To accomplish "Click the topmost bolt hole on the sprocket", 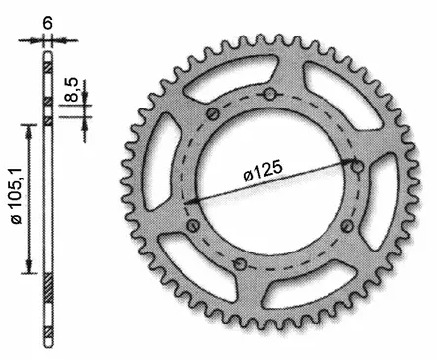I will (269, 94).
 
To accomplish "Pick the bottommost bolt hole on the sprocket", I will (241, 264).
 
